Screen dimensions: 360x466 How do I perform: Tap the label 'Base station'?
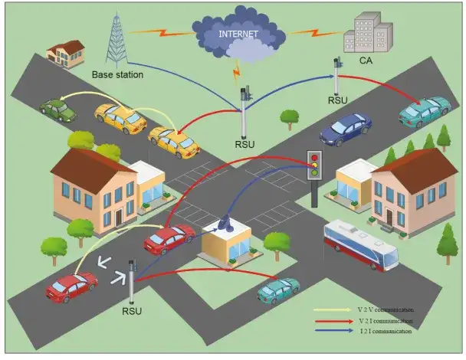tap(117, 75)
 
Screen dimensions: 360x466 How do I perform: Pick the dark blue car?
tap(346, 128)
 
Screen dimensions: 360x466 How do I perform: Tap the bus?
tap(361, 244)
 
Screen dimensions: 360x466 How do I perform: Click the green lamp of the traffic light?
tap(313, 175)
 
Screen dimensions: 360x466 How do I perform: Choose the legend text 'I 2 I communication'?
tap(384, 332)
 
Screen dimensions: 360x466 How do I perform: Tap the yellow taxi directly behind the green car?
tap(120, 118)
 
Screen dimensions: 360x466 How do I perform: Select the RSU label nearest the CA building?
tap(338, 100)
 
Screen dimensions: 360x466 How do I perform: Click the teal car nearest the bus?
tap(278, 290)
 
